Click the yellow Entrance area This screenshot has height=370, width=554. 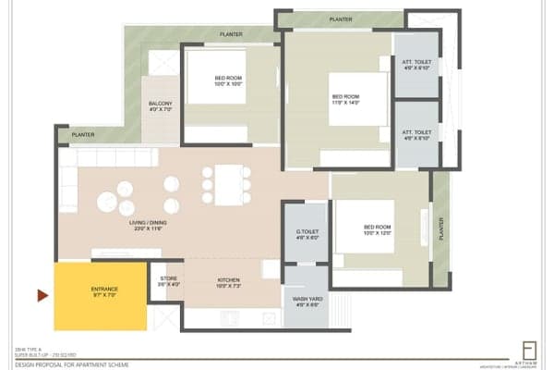(101, 296)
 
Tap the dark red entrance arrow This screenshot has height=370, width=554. (42, 296)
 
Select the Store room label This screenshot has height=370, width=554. (167, 280)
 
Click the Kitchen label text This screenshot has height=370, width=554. (229, 280)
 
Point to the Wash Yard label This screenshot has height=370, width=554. (307, 302)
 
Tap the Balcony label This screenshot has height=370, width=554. (161, 107)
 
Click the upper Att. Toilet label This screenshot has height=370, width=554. (416, 65)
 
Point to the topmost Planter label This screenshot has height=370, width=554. (342, 18)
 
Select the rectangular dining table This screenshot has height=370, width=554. (226, 183)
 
